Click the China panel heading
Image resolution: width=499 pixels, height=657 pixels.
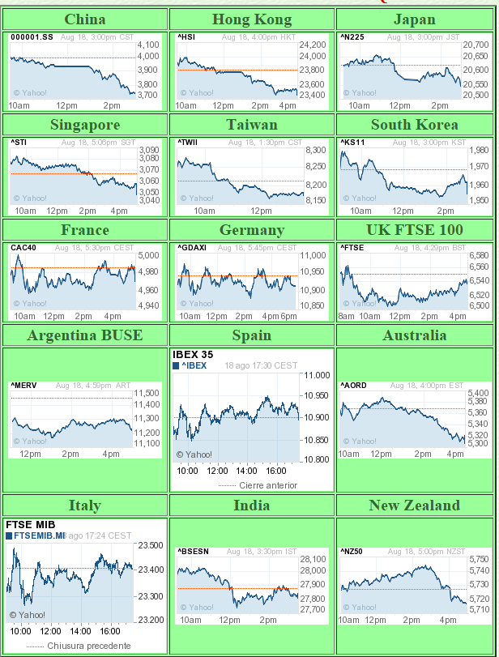(x=84, y=19)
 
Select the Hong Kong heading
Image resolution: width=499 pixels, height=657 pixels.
(x=251, y=19)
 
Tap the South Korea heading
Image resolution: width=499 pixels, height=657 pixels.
(x=414, y=125)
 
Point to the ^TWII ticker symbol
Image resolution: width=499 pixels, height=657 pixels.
(x=188, y=143)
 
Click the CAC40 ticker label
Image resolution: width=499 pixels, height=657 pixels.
(x=24, y=248)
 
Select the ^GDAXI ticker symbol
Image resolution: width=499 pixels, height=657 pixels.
(x=193, y=248)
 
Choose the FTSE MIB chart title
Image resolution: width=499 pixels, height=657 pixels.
(x=29, y=524)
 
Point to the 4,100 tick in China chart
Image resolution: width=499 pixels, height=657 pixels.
(x=148, y=45)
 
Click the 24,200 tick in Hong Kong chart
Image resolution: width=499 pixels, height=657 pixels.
(x=313, y=45)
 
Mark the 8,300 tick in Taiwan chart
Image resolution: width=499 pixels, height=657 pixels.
(x=315, y=151)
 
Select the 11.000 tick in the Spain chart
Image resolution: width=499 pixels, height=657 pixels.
(x=316, y=376)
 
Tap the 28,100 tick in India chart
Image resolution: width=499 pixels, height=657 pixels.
(x=313, y=559)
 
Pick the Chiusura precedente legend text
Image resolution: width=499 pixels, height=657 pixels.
(x=89, y=646)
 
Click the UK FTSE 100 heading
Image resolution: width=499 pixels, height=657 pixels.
(x=415, y=230)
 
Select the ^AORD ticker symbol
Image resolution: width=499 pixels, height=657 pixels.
(x=353, y=386)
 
